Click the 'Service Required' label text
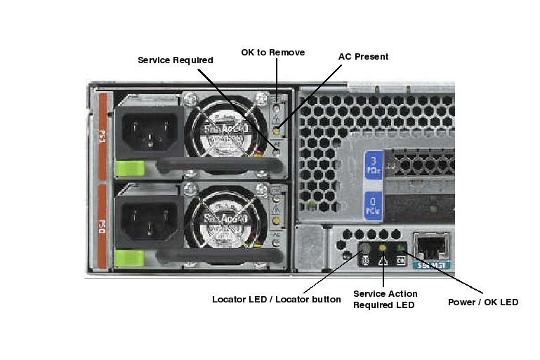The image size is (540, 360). pos(175,60)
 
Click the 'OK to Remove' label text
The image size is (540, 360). pos(272,53)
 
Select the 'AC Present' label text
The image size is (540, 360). pos(363,57)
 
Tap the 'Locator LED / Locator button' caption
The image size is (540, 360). pos(276,300)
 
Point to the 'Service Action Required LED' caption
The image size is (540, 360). pos(385,299)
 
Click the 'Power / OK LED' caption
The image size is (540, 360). pos(483,302)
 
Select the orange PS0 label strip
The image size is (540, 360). pos(103,226)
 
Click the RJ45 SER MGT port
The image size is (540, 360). pos(430,246)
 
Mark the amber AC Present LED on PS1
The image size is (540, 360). pos(277,131)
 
